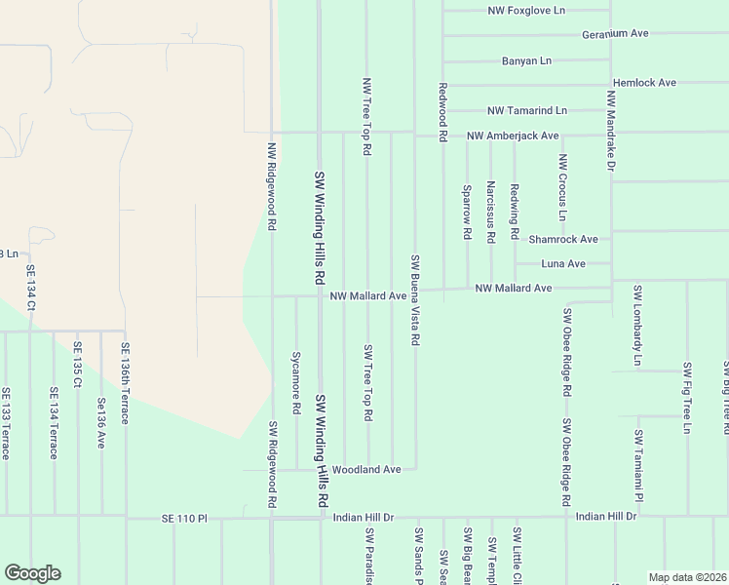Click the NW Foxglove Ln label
pos(526,11)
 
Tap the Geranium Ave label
pos(615,33)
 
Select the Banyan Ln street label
pos(526,60)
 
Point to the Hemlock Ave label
pos(644,83)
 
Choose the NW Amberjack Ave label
pos(512,136)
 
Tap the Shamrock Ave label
pos(562,239)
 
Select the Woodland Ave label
pos(366,469)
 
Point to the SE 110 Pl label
pos(185,519)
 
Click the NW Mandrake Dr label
pos(611,132)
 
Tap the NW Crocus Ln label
pos(563,186)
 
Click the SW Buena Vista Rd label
pos(415,300)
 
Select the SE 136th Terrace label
pos(125,382)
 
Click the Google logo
pos(32,573)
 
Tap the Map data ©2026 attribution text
pos(687,577)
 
